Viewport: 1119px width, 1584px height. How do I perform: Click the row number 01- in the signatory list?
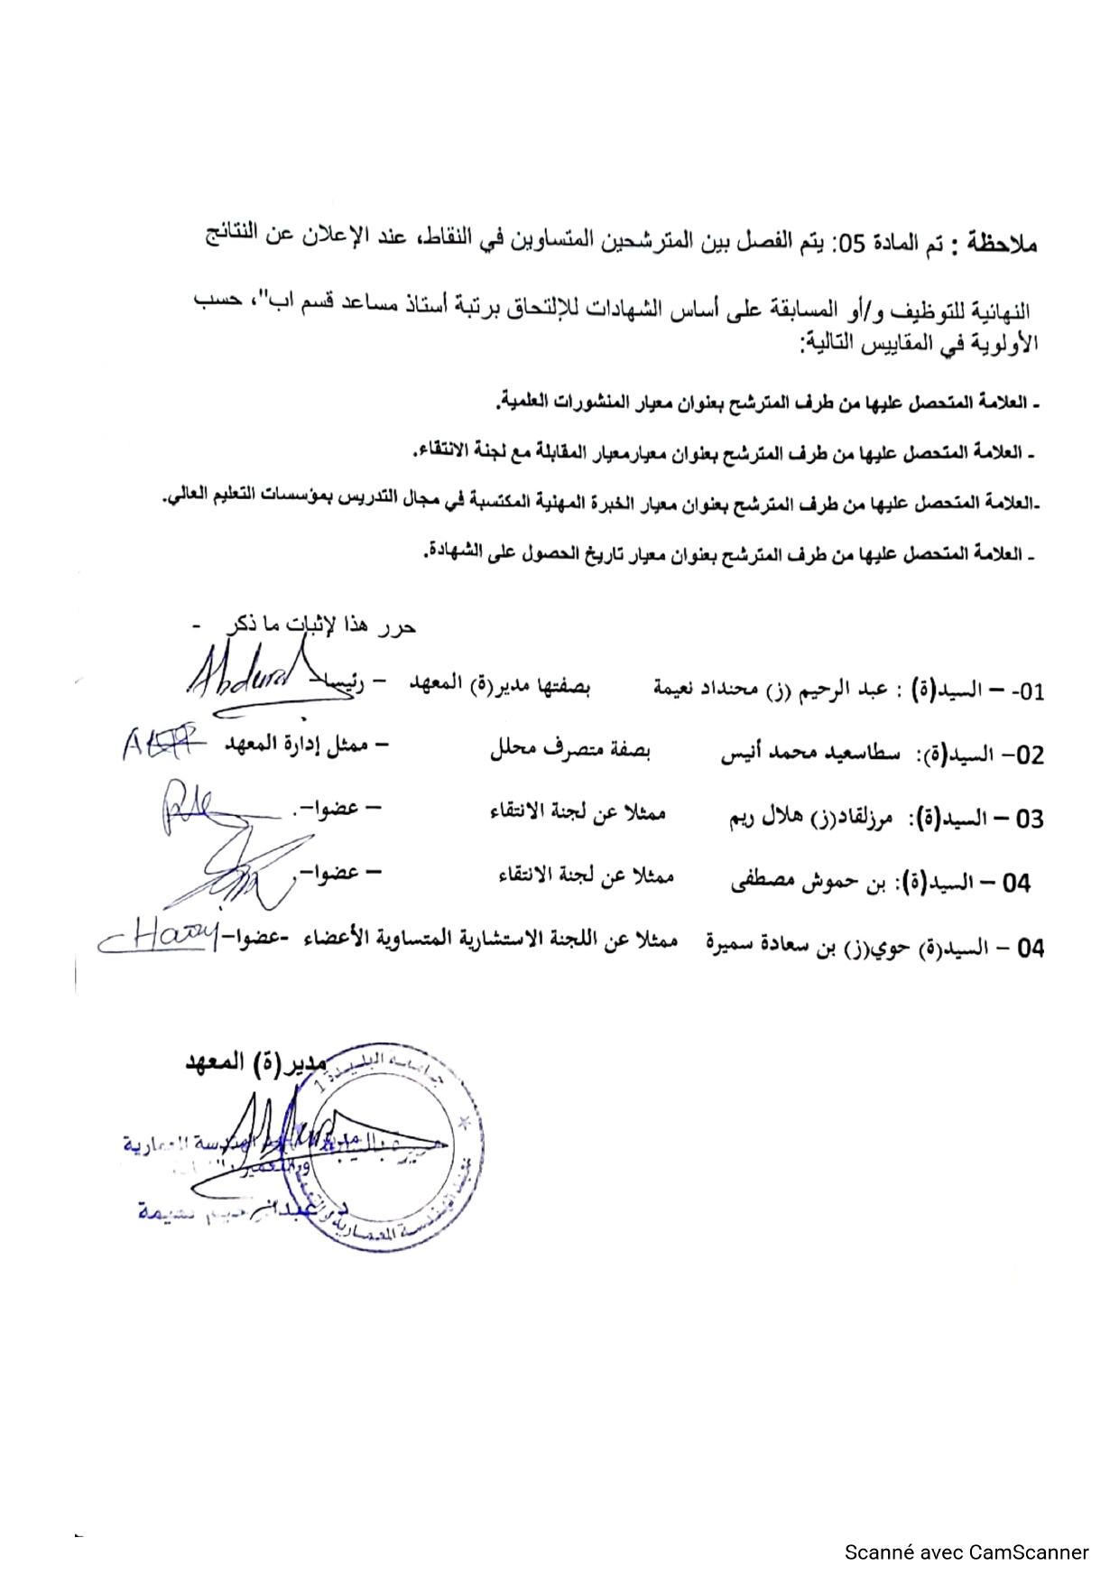(x=1026, y=692)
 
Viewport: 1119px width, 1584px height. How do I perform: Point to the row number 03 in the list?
(x=1029, y=820)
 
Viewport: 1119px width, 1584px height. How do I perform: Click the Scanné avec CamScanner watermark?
(x=966, y=1552)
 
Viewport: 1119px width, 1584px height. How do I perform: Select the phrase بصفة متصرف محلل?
(x=570, y=751)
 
